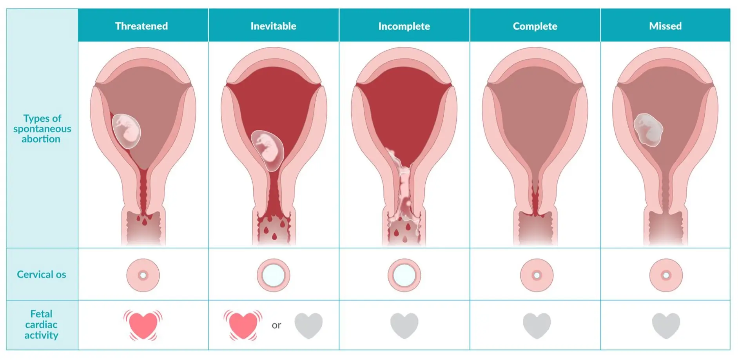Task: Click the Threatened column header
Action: click(141, 26)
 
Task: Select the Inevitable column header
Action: click(273, 26)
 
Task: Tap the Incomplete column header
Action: click(404, 26)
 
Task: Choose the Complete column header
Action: click(535, 26)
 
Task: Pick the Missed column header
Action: click(665, 26)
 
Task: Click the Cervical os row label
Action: click(42, 274)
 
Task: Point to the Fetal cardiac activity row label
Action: click(41, 325)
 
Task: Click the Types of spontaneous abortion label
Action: click(42, 129)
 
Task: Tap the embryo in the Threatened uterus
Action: click(126, 131)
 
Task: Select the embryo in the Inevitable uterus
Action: click(268, 150)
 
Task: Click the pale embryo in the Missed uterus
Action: click(648, 130)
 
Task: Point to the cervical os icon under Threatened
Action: click(143, 275)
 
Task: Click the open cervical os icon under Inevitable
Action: click(274, 275)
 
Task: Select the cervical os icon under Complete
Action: click(537, 275)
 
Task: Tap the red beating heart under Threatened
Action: click(143, 325)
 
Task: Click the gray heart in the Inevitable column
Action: click(308, 325)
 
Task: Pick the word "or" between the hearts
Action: click(276, 325)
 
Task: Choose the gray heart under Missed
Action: click(665, 325)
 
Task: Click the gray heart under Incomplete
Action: click(404, 325)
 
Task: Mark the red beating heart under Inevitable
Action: click(243, 325)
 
